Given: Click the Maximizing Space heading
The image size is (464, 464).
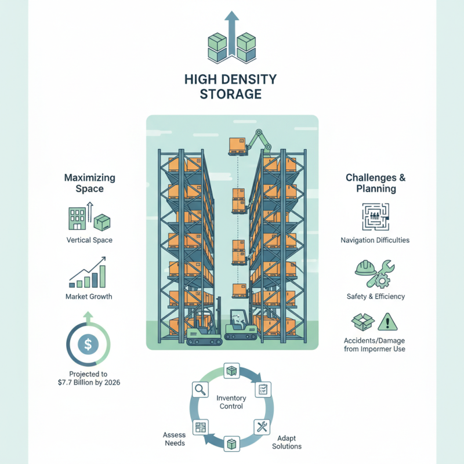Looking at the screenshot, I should coord(89,183).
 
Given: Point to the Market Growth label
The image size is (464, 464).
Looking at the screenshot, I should coord(89,297).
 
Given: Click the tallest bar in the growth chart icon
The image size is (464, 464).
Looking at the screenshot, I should coord(103,275).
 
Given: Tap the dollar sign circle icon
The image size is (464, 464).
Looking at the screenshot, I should coord(87,345).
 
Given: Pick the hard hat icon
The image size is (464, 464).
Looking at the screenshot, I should coord(363,267).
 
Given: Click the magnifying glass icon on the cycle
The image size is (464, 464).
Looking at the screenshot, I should coord(201,390).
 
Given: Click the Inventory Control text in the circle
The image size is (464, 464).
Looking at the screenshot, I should coord(231,402).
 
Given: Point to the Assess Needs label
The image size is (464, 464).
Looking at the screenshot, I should coord(174,439).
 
